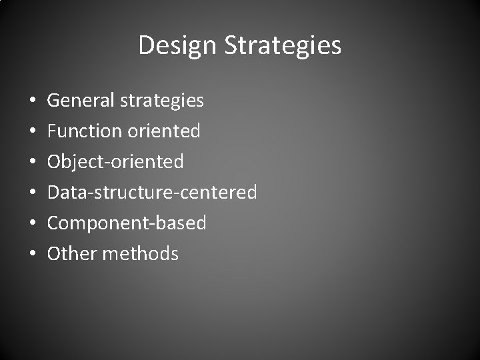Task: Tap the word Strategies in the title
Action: (x=283, y=46)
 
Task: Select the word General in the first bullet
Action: (x=81, y=101)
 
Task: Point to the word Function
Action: (x=83, y=131)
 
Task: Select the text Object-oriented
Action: (x=115, y=162)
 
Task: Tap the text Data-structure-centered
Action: (x=152, y=193)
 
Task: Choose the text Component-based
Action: (x=127, y=223)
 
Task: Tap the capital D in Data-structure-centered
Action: (x=53, y=193)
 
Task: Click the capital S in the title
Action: (x=231, y=46)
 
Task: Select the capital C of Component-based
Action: (x=53, y=223)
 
